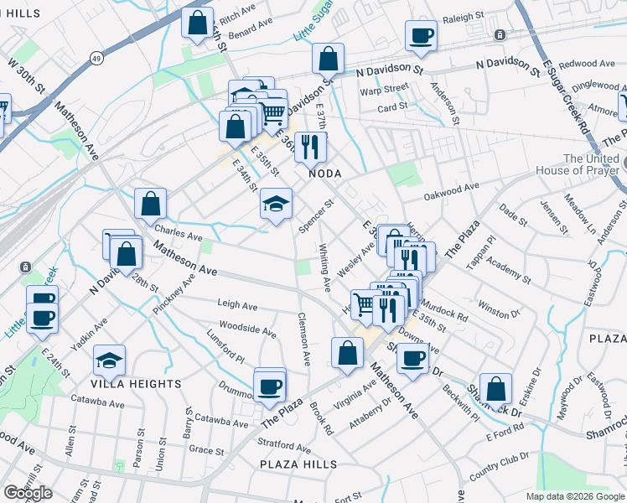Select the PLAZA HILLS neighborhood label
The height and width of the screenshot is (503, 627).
tap(298, 464)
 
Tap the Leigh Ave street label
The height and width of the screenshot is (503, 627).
tap(236, 305)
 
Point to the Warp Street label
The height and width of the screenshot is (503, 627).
tap(384, 88)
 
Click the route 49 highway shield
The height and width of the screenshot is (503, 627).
tap(97, 58)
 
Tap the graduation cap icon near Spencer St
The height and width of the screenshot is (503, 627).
tap(276, 204)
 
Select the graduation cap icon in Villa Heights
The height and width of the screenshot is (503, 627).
tap(110, 361)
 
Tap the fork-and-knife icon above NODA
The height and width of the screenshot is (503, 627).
tap(311, 147)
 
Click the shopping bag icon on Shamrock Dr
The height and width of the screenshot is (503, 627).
tap(496, 389)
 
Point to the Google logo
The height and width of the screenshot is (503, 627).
tap(28, 493)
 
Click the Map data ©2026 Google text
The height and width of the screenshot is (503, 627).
tap(574, 495)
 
